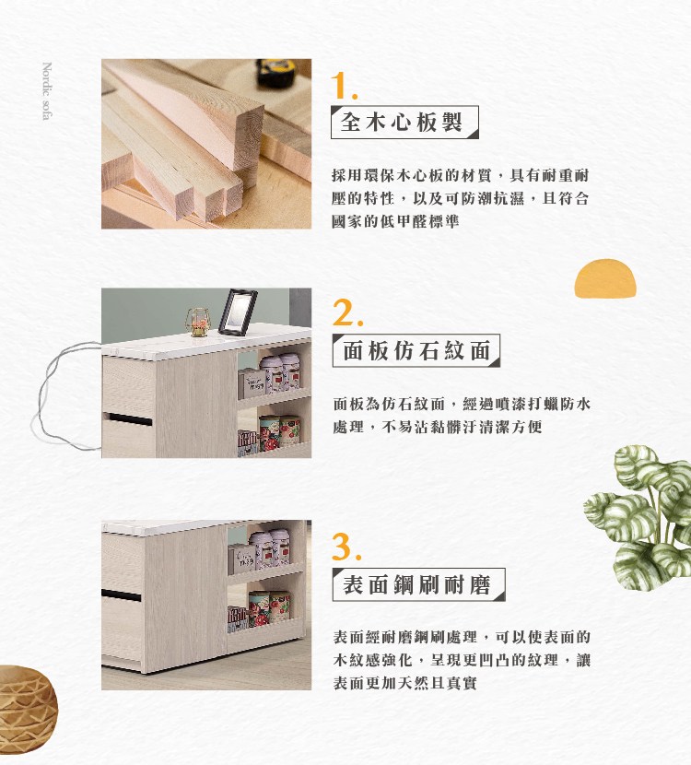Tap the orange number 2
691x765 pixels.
pos(346,314)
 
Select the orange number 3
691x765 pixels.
pos(346,547)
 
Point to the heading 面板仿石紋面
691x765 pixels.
pos(415,350)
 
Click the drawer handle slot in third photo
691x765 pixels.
pos(122,594)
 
